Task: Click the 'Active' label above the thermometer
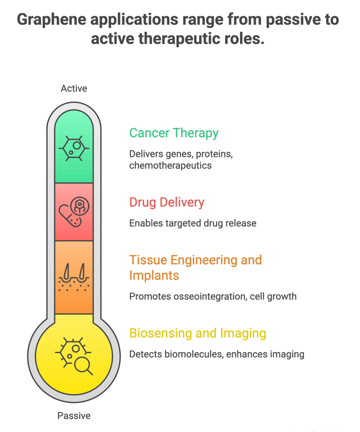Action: click(74, 89)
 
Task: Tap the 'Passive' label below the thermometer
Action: click(74, 416)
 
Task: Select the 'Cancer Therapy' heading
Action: click(173, 133)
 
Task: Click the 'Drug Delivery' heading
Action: click(166, 202)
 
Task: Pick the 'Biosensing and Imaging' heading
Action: click(197, 334)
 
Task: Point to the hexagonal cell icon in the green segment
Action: click(74, 149)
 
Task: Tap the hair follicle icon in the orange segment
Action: click(74, 276)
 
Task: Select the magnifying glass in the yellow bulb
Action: click(83, 365)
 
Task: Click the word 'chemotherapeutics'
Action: click(170, 165)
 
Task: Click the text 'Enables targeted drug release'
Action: click(193, 223)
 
